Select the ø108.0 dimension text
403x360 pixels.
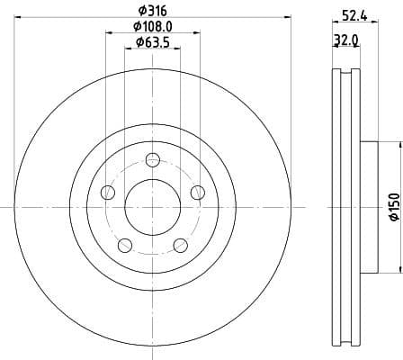(x=152, y=26)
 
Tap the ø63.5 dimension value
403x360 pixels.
(x=152, y=41)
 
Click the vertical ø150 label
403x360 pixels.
(x=392, y=206)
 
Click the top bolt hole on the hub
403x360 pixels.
(x=153, y=160)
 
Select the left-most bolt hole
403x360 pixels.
(x=108, y=192)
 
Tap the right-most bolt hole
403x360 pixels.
(x=197, y=191)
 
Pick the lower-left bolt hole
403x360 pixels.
(x=125, y=244)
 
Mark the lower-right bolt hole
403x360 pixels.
(x=180, y=244)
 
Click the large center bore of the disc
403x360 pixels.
(x=152, y=206)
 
